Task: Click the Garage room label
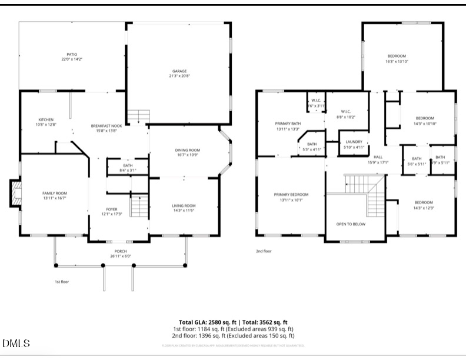click(x=179, y=71)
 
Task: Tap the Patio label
click(x=71, y=54)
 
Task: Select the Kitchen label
click(x=46, y=119)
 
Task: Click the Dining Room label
click(x=188, y=150)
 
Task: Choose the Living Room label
click(x=184, y=206)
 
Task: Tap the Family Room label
click(x=54, y=193)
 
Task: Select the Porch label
click(x=120, y=252)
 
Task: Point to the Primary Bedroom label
click(x=291, y=194)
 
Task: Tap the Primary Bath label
click(x=287, y=124)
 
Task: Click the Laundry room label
click(x=354, y=142)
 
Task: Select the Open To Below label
click(x=351, y=224)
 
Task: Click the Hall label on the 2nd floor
click(x=378, y=157)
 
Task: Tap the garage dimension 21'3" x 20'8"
click(x=179, y=76)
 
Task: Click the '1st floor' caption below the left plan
click(x=61, y=282)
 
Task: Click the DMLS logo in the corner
click(x=16, y=343)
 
